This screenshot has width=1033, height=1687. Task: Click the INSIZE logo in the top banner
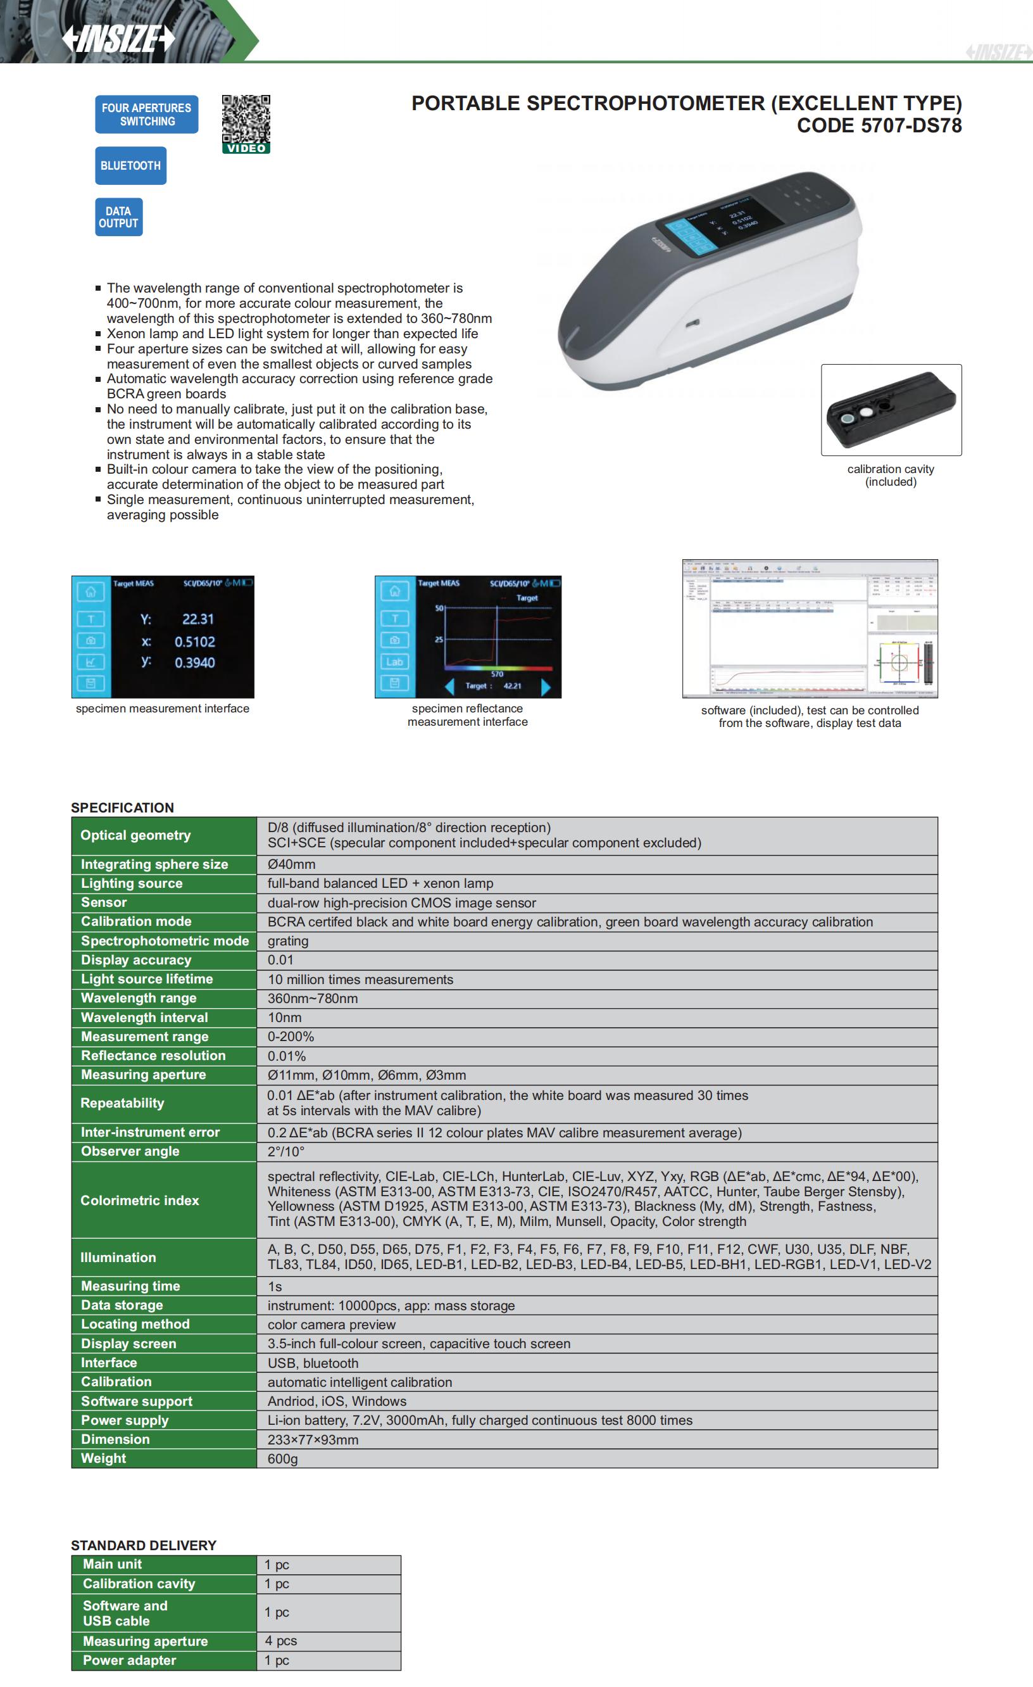click(x=118, y=39)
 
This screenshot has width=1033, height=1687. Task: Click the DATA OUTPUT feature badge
click(x=118, y=217)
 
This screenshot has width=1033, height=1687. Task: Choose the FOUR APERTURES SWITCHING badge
click(x=146, y=115)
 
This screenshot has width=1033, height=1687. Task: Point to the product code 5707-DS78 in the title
click(x=879, y=126)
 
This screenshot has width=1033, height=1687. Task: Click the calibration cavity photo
click(x=891, y=410)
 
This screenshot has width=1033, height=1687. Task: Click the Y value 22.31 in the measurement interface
click(x=198, y=619)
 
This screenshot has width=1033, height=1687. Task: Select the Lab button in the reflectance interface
click(x=394, y=661)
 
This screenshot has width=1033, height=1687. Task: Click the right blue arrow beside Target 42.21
click(x=546, y=686)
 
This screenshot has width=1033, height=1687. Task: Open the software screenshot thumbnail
click(x=810, y=629)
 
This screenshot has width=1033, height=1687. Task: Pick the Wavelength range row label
click(x=138, y=998)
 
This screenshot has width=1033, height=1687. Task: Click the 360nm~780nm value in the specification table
click(x=312, y=998)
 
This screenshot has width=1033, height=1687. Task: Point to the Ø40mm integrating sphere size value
click(x=291, y=864)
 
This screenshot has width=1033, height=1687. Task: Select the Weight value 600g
click(x=282, y=1458)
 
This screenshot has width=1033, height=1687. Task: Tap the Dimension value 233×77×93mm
click(x=312, y=1439)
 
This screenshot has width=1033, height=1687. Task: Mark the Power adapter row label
click(x=129, y=1660)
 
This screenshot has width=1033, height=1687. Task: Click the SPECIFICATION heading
click(x=123, y=807)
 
